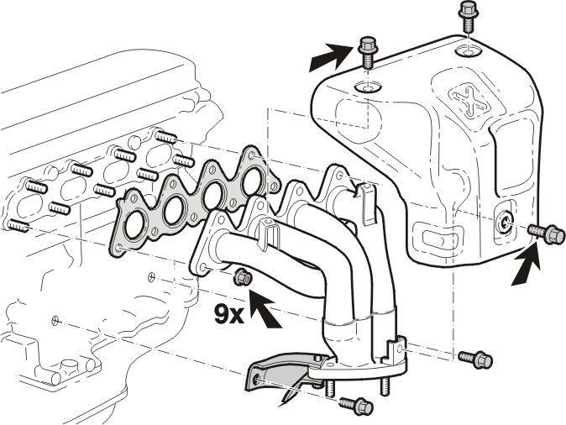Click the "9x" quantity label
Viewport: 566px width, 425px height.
pyautogui.click(x=229, y=314)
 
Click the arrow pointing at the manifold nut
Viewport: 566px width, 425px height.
pyautogui.click(x=265, y=310)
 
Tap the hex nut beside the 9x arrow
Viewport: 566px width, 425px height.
pyautogui.click(x=243, y=277)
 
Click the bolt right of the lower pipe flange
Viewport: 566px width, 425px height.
pyautogui.click(x=476, y=359)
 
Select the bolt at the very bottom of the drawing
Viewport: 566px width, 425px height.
pyautogui.click(x=356, y=406)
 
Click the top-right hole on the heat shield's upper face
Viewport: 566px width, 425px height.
pyautogui.click(x=468, y=51)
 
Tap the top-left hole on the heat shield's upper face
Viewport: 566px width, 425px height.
pyautogui.click(x=368, y=87)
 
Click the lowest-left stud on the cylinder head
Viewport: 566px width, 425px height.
pyautogui.click(x=18, y=226)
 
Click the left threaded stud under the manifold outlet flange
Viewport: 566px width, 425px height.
pyautogui.click(x=330, y=388)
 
